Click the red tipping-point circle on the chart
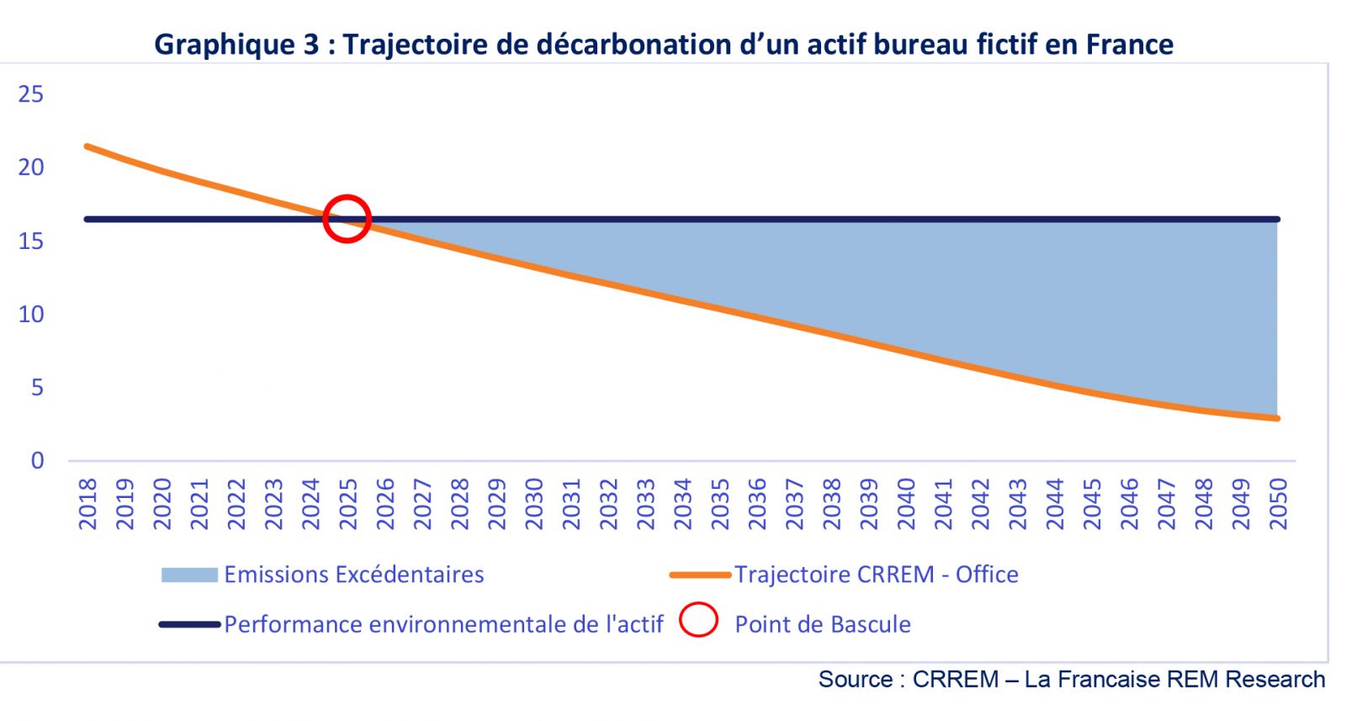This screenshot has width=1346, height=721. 347,218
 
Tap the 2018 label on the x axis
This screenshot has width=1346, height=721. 87,504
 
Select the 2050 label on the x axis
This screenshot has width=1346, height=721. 1278,504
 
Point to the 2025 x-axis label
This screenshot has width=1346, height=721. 347,504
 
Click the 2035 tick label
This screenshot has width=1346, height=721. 719,504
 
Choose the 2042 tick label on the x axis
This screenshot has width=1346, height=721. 980,504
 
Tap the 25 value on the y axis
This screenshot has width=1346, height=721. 31,94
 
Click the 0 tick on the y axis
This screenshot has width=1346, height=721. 37,460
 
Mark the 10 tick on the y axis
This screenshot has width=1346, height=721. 31,314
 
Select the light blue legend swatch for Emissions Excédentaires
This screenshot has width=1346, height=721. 189,575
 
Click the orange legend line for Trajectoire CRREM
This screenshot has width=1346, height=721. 700,575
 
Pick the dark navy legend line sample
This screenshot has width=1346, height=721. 189,624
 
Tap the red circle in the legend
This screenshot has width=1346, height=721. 698,621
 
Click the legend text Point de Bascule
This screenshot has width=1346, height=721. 823,624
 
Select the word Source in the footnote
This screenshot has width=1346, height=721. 855,679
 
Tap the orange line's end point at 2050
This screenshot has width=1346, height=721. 1277,418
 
